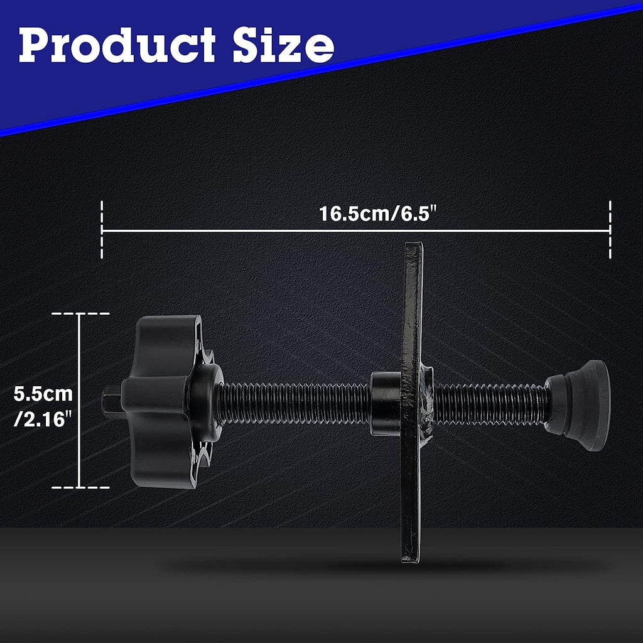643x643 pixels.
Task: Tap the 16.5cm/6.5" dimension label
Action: (377, 213)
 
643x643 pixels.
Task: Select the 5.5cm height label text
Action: (43, 394)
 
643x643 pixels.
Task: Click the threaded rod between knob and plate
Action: (295, 403)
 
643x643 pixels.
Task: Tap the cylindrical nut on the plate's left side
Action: (385, 403)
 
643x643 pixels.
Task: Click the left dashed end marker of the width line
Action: (102, 230)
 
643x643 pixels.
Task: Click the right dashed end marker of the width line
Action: (610, 230)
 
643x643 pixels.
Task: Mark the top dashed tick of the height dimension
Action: (80, 313)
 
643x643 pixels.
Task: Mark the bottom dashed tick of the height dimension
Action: (80, 487)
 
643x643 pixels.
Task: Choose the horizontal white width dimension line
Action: (251, 231)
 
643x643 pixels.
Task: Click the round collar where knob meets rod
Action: (207, 402)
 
